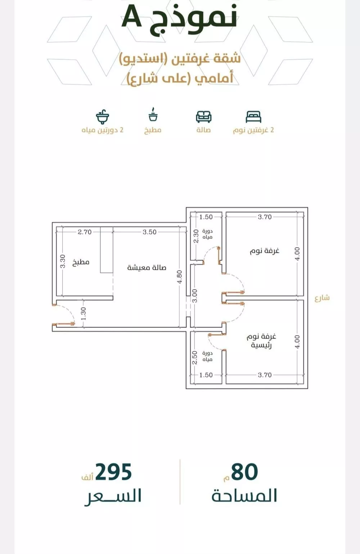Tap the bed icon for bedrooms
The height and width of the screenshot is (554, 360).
(253, 117)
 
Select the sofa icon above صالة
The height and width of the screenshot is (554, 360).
(203, 117)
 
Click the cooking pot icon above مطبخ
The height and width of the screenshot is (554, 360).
(153, 115)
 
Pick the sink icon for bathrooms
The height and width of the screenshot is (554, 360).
(103, 116)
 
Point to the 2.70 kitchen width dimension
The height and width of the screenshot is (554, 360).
(85, 232)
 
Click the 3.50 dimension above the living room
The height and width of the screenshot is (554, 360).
(149, 232)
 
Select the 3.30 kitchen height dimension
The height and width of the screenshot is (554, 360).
(63, 261)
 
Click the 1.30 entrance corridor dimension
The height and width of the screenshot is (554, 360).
(84, 313)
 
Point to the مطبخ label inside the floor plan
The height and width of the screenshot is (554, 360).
(81, 262)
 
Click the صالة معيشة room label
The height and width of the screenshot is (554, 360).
(147, 267)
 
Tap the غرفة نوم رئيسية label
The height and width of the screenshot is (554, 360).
(261, 341)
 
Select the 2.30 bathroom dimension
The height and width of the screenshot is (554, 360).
(196, 236)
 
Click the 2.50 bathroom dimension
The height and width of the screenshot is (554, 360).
(195, 358)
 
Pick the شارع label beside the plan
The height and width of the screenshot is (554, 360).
(322, 298)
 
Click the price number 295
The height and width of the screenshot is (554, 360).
(114, 472)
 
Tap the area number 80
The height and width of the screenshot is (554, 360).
(244, 472)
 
